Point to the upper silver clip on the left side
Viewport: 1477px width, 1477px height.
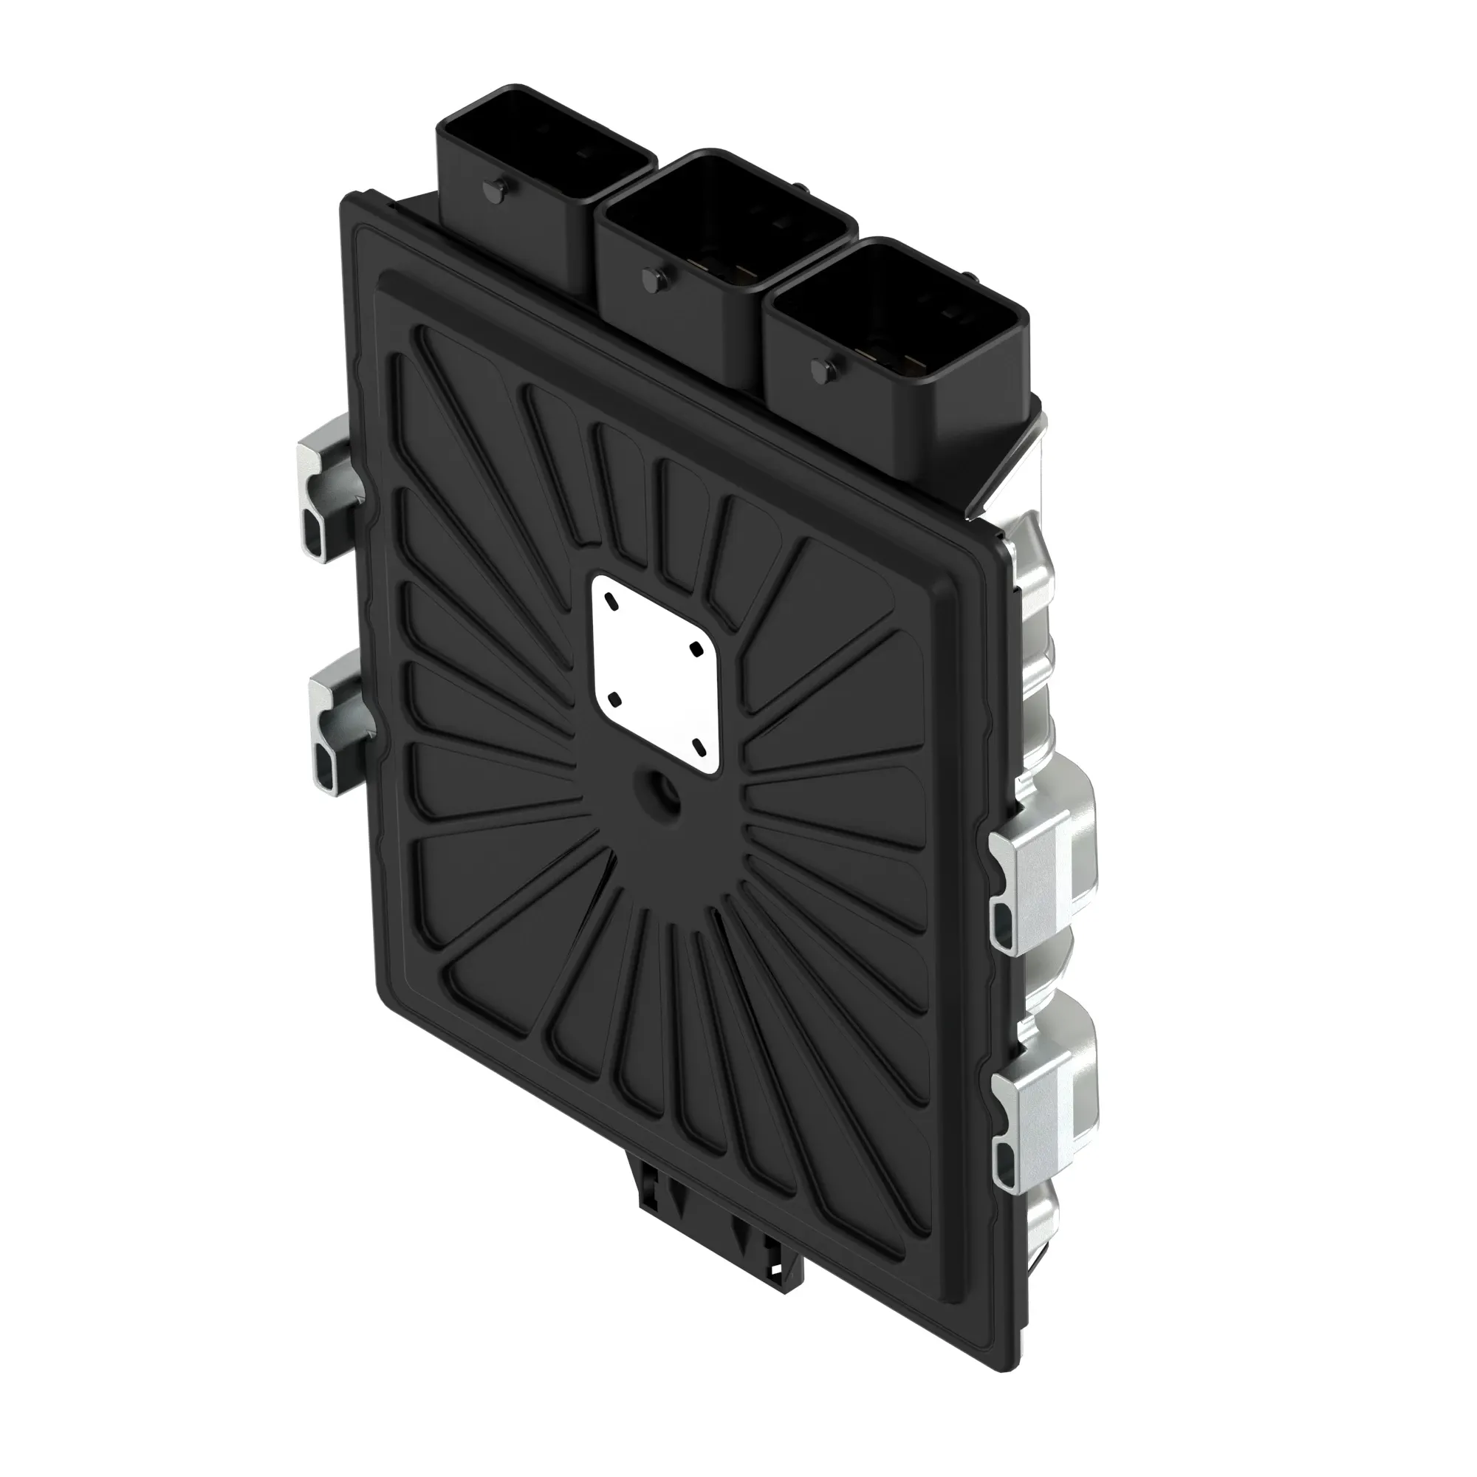point(329,490)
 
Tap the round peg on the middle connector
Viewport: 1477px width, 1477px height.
point(654,278)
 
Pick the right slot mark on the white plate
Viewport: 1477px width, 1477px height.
point(697,649)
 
